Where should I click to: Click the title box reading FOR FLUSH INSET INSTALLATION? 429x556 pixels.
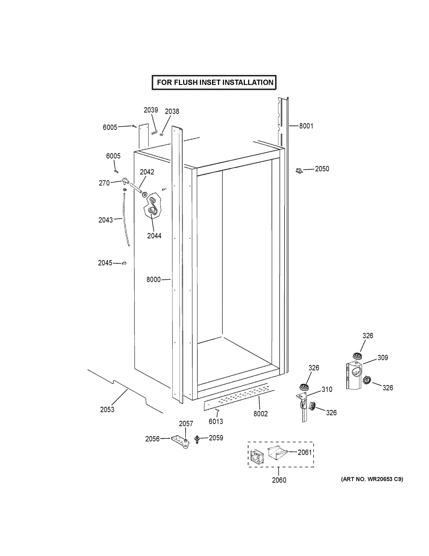(214, 82)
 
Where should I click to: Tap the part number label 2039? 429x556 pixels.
(151, 110)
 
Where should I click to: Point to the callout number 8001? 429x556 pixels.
(306, 126)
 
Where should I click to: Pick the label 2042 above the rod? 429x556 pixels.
(147, 172)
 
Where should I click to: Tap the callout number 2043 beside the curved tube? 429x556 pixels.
(105, 220)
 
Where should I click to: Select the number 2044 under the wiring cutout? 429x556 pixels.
(154, 236)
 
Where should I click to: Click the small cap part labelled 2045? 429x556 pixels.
(124, 263)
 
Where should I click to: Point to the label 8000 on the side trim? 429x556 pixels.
(154, 280)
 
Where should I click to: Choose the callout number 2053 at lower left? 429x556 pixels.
(107, 409)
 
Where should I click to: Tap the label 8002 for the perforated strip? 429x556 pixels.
(260, 414)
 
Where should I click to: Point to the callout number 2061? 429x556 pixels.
(305, 452)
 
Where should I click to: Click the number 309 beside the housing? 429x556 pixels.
(383, 357)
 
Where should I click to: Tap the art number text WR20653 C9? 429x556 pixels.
(372, 479)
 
